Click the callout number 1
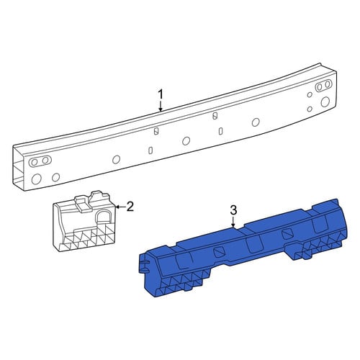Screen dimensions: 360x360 pos(161,94)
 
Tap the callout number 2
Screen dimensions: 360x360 pos(130,207)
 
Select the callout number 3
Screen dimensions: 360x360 pos(233,210)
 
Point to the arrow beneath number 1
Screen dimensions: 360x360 pos(161,106)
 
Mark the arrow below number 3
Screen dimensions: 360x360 pos(233,222)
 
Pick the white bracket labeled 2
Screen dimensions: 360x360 pos(84,221)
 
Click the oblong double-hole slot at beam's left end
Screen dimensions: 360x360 pos(40,161)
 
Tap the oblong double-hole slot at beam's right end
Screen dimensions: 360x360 pos(323,86)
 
